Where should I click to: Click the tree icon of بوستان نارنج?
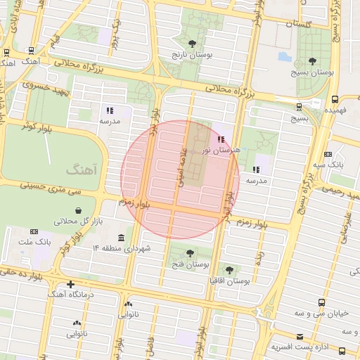click(x=193, y=44)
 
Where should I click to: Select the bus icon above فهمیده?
click(x=334, y=99)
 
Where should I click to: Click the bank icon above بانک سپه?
click(x=328, y=155)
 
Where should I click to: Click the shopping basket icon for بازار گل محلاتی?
click(x=78, y=210)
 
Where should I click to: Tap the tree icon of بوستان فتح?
click(x=190, y=253)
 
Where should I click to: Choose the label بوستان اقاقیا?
click(x=230, y=281)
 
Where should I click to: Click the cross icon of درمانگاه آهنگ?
click(x=70, y=285)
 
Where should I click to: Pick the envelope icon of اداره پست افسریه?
click(x=300, y=337)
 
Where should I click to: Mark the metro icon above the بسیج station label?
click(x=300, y=107)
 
